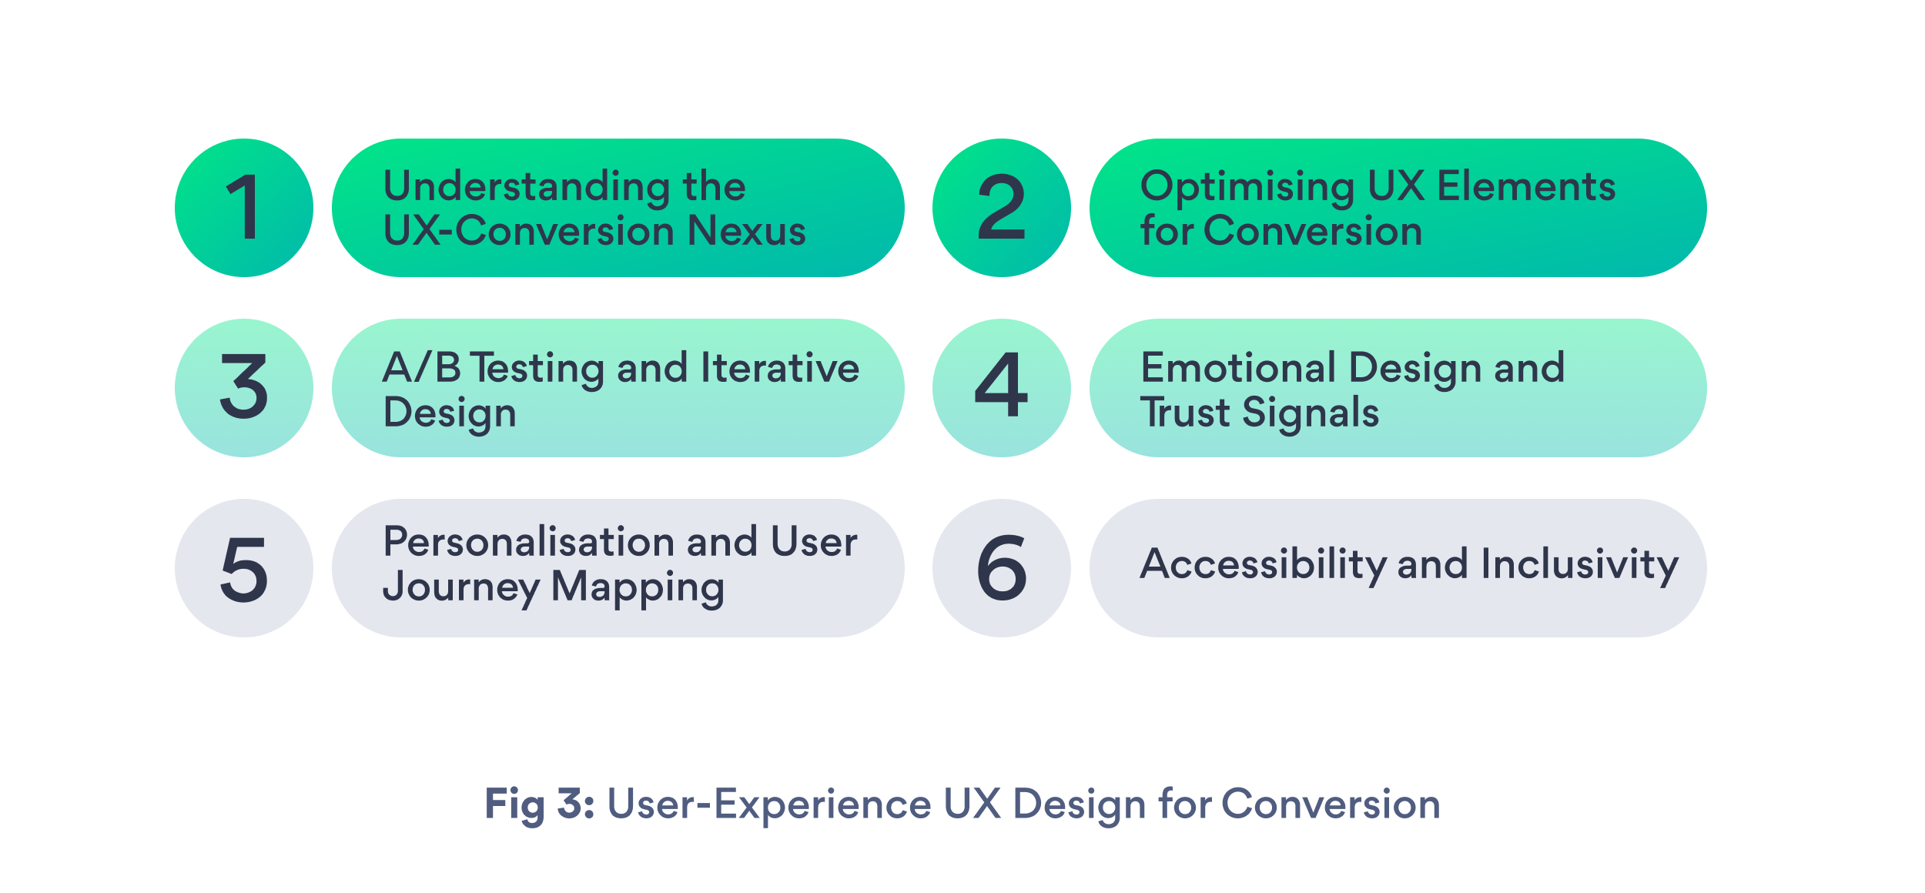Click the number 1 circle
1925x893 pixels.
244,208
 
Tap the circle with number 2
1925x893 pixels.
1001,208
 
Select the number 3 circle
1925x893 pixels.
244,388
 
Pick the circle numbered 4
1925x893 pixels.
1001,388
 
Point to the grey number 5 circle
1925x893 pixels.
244,568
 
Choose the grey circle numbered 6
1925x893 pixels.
1001,568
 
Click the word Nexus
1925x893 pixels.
746,231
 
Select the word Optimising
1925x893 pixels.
1247,187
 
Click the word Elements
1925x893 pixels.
1525,186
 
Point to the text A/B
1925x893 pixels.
421,367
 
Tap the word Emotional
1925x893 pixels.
1237,367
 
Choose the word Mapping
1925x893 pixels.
638,588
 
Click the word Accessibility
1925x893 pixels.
1263,564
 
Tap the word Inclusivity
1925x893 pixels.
1579,564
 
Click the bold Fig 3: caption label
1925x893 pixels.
539,804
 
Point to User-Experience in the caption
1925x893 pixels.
768,804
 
